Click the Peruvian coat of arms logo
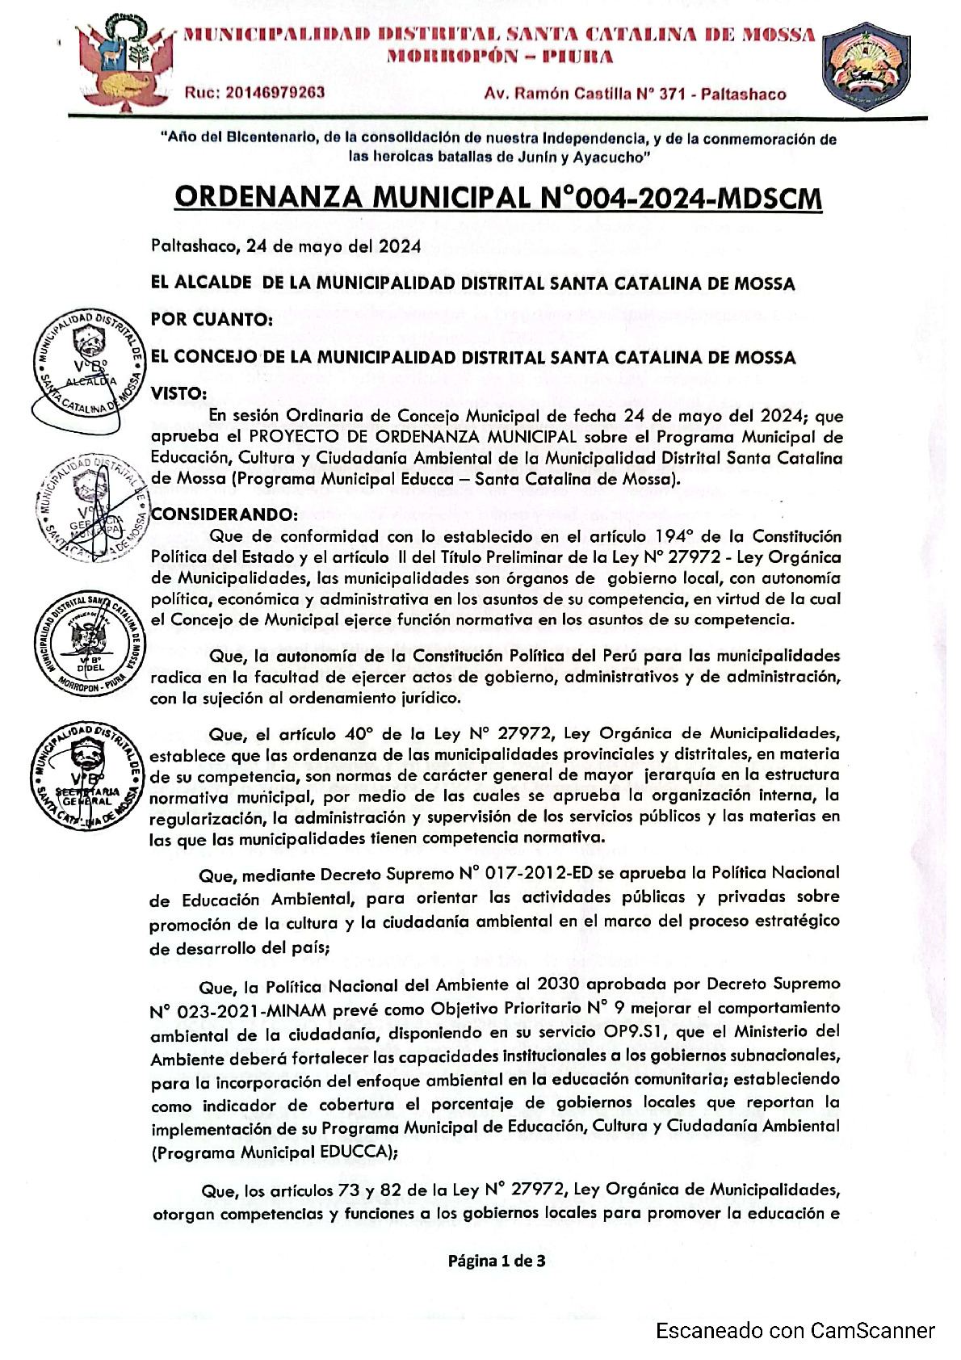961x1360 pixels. [124, 61]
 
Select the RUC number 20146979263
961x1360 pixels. [255, 93]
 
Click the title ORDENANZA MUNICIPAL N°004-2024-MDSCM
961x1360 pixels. [498, 198]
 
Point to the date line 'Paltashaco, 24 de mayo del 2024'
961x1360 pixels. [286, 246]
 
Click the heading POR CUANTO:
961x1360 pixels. [212, 320]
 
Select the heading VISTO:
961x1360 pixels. [179, 393]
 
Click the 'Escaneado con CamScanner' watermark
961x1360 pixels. [795, 1331]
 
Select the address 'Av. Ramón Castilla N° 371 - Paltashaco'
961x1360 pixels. [635, 94]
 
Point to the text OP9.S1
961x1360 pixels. [679, 1031]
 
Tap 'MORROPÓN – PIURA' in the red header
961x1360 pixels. [500, 57]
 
